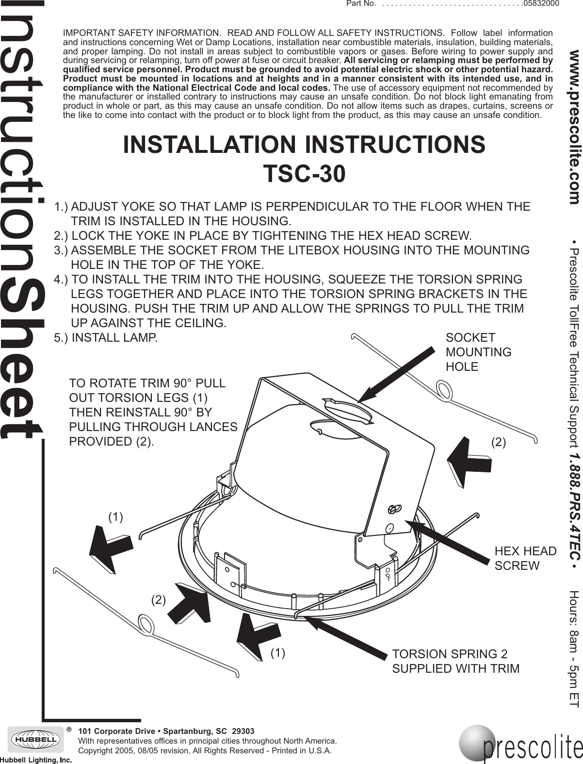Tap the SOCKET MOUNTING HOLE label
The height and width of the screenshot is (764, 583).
(478, 352)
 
